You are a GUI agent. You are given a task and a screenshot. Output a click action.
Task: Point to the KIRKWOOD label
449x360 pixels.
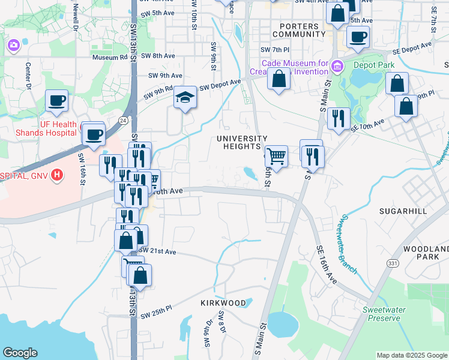click(223, 303)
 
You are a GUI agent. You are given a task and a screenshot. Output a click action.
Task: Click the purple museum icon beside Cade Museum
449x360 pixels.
click(337, 65)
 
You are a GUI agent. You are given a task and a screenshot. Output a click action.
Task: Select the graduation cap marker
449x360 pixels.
click(185, 98)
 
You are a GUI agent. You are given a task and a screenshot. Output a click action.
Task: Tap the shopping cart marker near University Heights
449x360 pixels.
click(276, 156)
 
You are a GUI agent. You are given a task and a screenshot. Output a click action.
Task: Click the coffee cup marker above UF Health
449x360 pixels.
click(57, 101)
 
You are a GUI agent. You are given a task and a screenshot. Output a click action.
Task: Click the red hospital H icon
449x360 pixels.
click(57, 175)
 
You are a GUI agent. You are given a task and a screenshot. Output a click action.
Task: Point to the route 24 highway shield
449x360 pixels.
click(122, 120)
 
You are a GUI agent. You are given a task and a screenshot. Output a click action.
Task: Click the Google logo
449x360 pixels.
click(20, 353)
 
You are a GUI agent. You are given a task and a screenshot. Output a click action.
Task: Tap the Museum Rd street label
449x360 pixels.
click(110, 58)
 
